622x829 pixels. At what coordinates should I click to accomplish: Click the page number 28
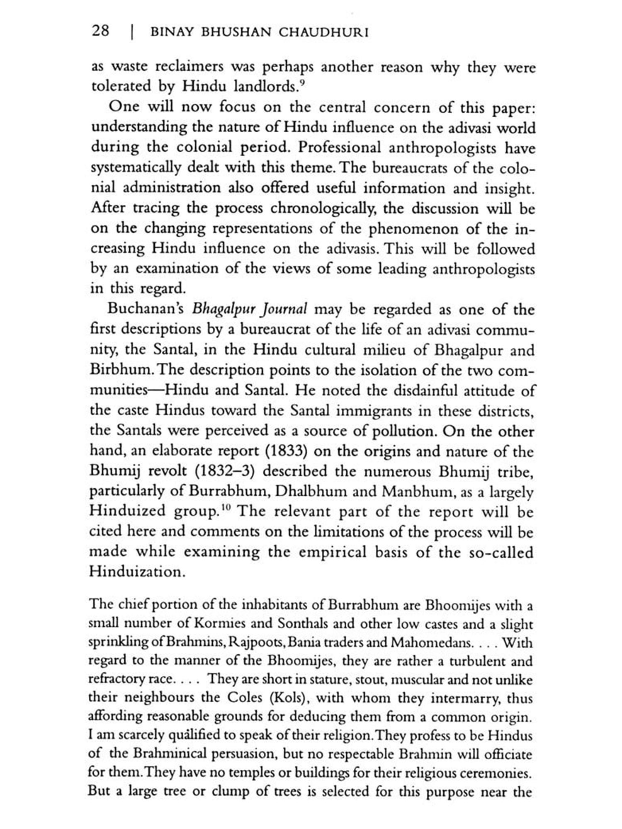[x=101, y=31]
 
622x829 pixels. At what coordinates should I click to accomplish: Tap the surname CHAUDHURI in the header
[x=323, y=32]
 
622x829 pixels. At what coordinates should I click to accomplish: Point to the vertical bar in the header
[x=132, y=32]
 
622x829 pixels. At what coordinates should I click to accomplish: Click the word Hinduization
[x=136, y=572]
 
